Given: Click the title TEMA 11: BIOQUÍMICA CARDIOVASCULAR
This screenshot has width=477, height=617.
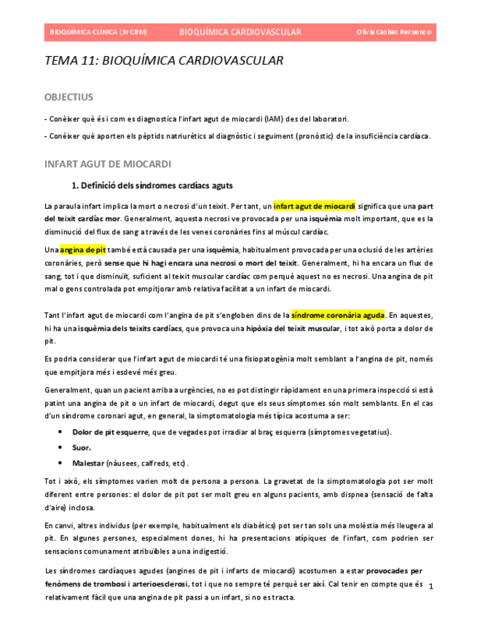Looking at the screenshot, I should [x=164, y=61].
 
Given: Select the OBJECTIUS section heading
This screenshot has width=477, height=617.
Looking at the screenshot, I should [x=68, y=97].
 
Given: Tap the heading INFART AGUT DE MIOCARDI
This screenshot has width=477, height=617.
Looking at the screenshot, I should [x=107, y=164].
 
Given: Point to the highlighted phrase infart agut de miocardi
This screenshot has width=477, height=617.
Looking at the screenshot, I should [x=314, y=206].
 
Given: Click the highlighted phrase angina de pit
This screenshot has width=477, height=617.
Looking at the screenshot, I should [x=82, y=250].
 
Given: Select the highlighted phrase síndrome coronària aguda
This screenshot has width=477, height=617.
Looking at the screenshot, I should [x=338, y=316].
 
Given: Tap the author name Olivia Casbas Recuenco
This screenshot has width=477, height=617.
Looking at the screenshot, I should [x=393, y=32].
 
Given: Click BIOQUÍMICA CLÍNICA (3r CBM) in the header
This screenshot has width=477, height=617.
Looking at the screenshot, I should [x=98, y=32].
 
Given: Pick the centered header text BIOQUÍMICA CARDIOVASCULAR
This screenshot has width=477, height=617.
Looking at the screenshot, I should [x=240, y=32].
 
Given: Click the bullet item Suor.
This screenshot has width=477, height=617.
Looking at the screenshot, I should [x=81, y=447].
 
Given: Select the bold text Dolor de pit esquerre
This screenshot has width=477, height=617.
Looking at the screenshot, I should [x=109, y=432].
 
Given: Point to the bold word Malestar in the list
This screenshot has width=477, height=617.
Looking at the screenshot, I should [x=88, y=463].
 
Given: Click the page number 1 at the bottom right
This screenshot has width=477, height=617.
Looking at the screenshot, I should [x=430, y=586].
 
